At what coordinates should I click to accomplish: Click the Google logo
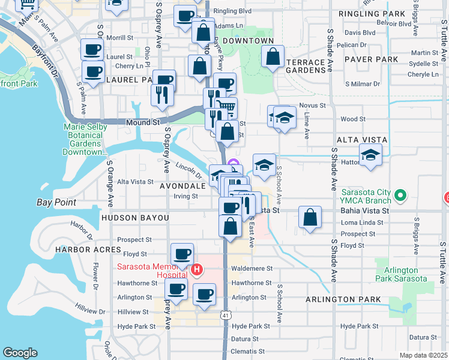(x=20, y=353)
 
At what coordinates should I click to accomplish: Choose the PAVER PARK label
(x=375, y=59)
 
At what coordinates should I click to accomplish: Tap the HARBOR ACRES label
(x=80, y=249)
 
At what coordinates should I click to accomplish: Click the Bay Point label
(x=56, y=202)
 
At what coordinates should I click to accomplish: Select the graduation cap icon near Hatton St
(x=370, y=156)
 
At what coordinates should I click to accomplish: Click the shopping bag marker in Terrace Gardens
(x=273, y=57)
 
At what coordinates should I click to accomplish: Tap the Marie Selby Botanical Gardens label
(x=85, y=139)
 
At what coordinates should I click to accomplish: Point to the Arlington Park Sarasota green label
(x=401, y=274)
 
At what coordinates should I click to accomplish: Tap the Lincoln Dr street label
(x=188, y=170)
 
